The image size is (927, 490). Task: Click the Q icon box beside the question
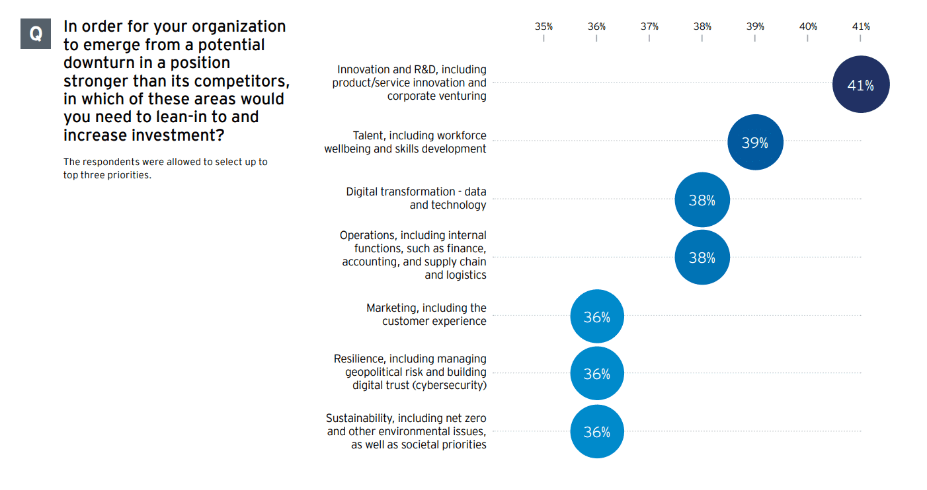36,32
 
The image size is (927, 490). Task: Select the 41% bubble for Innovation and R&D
860,85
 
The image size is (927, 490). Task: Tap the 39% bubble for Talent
755,142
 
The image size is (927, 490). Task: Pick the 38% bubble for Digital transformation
702,199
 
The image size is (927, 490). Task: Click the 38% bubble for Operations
702,257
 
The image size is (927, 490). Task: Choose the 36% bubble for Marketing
596,316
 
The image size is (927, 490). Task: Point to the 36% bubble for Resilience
596,374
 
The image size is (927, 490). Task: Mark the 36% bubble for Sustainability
596,432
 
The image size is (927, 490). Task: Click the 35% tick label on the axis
544,26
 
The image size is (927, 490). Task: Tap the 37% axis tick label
649,26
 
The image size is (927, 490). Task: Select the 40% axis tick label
808,26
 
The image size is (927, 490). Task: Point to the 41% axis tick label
861,26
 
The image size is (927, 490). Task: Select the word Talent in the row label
367,135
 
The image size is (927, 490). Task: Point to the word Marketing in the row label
391,308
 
